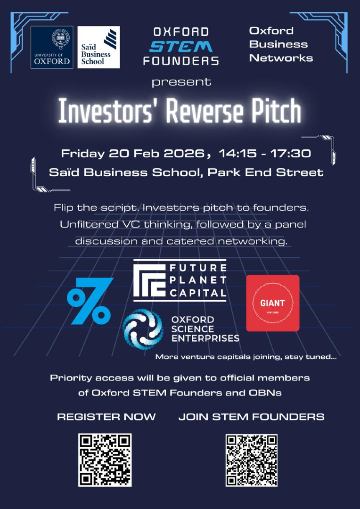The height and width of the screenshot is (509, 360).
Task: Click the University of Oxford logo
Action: click(52, 47)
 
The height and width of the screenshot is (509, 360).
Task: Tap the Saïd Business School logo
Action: click(98, 47)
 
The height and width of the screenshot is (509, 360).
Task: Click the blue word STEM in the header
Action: click(181, 46)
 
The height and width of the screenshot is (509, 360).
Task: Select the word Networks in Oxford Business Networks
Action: click(281, 58)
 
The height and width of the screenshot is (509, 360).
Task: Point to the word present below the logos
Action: click(181, 82)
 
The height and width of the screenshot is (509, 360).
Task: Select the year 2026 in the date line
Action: click(185, 153)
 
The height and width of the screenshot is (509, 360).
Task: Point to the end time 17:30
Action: click(294, 153)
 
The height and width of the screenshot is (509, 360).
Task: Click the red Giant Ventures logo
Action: click(273, 303)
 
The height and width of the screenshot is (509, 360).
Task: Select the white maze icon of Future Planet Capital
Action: click(149, 280)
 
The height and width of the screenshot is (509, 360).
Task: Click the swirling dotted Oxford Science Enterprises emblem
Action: click(142, 329)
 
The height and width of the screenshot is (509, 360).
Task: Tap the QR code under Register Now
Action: click(105, 460)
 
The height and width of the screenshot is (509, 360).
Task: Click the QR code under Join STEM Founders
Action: click(252, 460)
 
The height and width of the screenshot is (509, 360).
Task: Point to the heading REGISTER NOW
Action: click(106, 417)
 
